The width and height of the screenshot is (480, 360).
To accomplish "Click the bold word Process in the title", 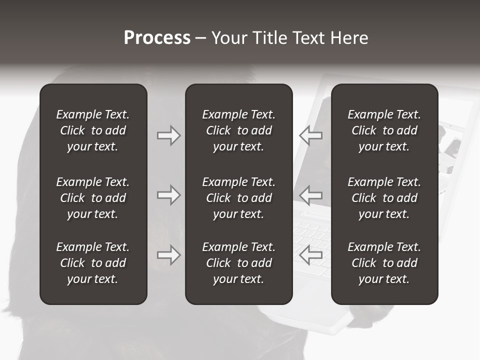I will tap(157, 38).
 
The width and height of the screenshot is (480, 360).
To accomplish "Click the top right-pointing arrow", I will tap(168, 135).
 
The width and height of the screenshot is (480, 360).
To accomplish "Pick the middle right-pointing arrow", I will tap(168, 195).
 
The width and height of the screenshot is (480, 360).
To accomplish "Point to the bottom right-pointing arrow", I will tap(168, 255).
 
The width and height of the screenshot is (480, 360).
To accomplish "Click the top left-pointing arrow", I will tap(310, 135).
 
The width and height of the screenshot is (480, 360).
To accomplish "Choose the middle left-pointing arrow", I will tap(310, 195).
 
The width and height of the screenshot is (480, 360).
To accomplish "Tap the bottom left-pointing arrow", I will tap(310, 255).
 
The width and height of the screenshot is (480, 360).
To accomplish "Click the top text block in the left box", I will tap(93, 130).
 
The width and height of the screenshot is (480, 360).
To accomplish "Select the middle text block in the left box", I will tap(93, 198).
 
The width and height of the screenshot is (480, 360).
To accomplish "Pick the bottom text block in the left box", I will tap(93, 263).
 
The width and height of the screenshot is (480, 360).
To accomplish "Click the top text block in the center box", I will tap(238, 130).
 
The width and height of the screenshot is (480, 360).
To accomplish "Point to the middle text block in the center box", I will tap(238, 198).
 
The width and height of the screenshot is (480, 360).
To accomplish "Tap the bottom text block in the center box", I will tap(238, 263).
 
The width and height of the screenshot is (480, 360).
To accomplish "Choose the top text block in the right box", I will tap(384, 130).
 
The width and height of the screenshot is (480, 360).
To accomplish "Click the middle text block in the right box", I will tap(384, 198).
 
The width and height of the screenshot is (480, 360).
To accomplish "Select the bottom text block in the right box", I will tap(384, 263).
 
